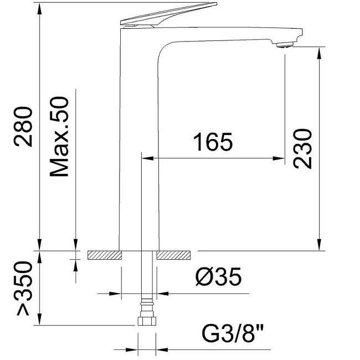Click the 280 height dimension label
23,126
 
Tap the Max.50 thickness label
59,137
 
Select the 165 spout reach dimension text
213,142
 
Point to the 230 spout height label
302,149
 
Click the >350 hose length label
23,289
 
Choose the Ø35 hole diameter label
218,276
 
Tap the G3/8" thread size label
233,333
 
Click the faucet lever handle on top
168,14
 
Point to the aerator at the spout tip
285,45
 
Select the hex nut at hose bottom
147,321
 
